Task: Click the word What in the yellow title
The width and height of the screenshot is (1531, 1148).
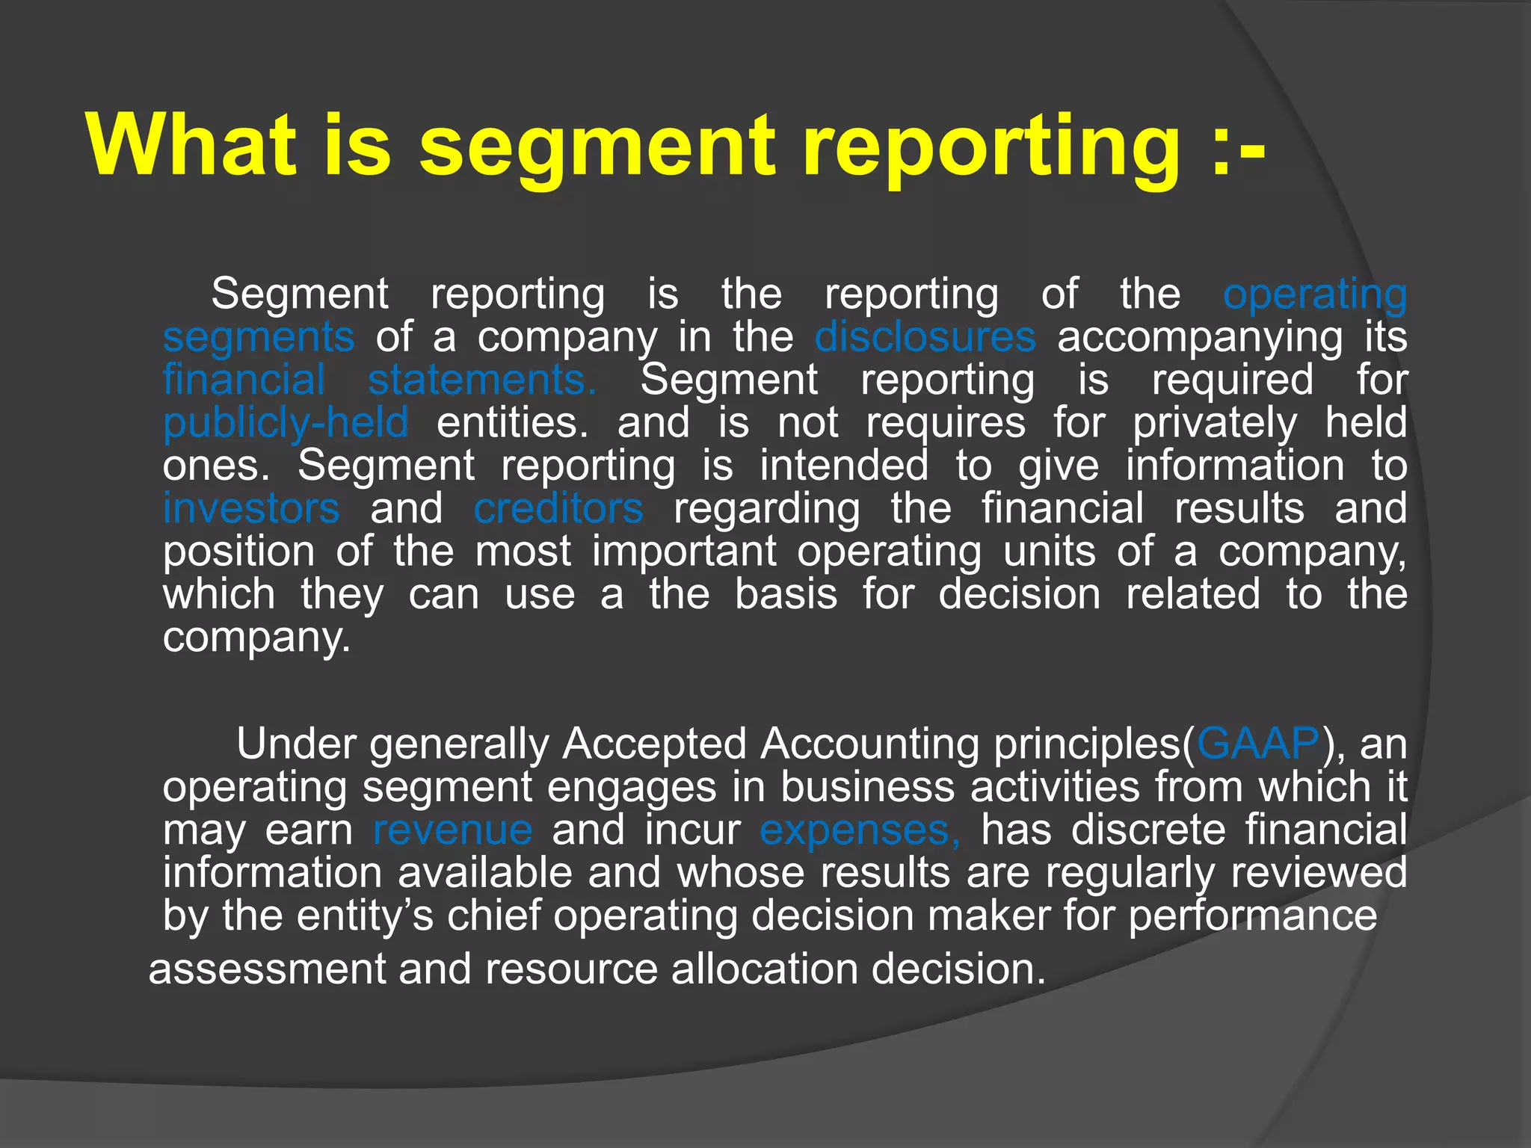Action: coord(191,144)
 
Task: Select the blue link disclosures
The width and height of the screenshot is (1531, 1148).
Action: coord(925,337)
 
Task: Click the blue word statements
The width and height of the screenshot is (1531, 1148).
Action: coord(482,380)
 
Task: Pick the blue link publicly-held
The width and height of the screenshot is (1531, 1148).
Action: coord(286,424)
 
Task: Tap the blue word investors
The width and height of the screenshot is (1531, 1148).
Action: coord(251,509)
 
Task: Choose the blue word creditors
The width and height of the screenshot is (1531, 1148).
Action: coord(558,509)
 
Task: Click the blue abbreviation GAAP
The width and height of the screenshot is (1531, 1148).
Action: coord(1259,744)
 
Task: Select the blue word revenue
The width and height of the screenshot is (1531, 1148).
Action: coord(453,830)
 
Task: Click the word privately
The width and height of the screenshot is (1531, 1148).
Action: coord(1215,424)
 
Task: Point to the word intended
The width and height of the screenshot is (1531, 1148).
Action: coord(844,466)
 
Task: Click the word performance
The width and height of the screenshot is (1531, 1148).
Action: coord(1252,916)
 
